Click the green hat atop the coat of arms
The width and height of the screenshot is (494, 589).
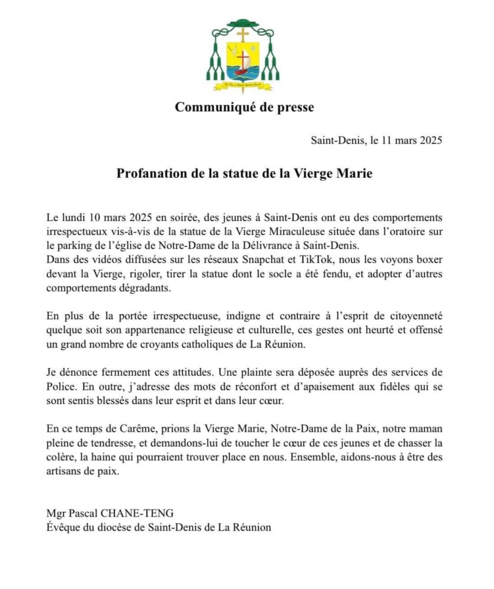point(243,25)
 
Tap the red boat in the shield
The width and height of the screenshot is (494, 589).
point(242,71)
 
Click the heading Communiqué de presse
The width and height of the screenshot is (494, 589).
point(244,107)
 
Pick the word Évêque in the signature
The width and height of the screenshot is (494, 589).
point(61,528)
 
